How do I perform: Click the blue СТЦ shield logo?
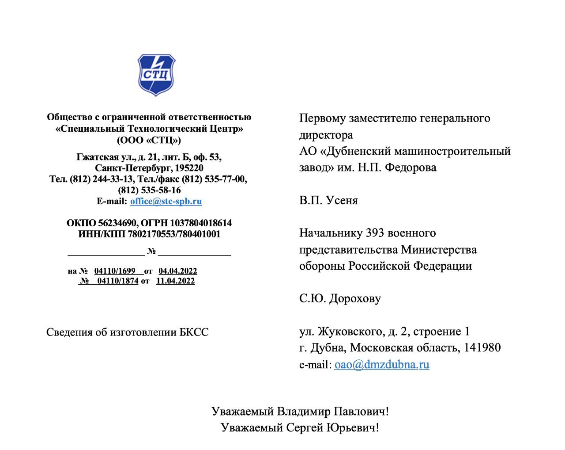tap(156, 75)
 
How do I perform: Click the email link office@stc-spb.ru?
tap(166, 201)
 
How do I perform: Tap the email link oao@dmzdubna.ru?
tap(381, 364)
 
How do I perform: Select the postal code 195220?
tap(189, 168)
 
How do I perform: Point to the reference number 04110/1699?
tap(115, 271)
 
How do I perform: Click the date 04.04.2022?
tap(177, 271)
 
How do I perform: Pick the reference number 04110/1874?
tap(117, 281)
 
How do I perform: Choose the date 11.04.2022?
tap(175, 281)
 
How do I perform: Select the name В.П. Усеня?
tap(328, 200)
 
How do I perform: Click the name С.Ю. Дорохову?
tap(340, 298)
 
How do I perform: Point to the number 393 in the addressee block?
tap(376, 233)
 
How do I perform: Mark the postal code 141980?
tap(482, 347)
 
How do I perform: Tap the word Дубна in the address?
tap(327, 347)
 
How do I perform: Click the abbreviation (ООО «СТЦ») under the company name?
tap(149, 140)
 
